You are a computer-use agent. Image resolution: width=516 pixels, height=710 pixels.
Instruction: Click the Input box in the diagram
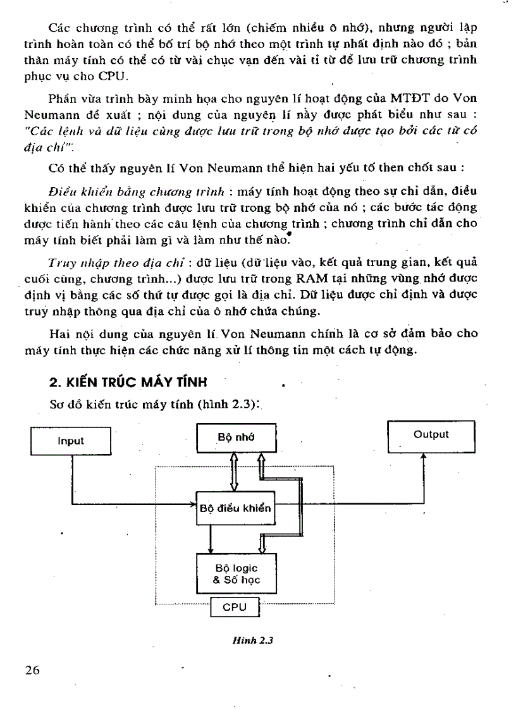coord(71,441)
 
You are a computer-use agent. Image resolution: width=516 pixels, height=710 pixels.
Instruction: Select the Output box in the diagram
coord(431,435)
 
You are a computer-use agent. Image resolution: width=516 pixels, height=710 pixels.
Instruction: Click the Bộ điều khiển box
coord(235,508)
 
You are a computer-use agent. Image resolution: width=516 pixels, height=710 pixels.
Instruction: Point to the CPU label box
coord(235,608)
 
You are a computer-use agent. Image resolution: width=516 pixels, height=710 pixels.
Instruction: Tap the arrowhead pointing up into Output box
coord(423,456)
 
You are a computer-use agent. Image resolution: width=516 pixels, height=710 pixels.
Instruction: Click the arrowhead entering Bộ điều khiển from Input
coord(192,505)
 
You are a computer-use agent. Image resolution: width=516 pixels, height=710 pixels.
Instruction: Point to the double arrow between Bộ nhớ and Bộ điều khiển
coord(233,472)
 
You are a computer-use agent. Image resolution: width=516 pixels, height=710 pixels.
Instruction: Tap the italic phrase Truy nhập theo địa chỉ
coord(101,261)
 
